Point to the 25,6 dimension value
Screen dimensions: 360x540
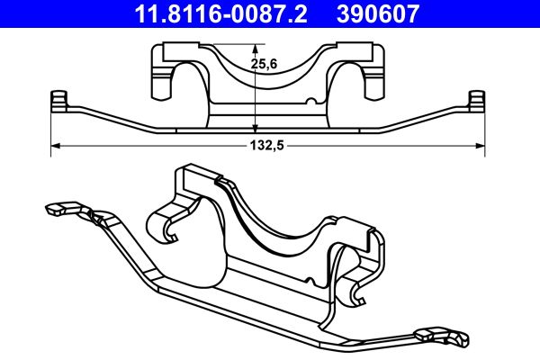262,64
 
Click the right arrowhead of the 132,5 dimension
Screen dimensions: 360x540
481,144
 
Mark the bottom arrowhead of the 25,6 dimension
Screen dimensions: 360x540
256,129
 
